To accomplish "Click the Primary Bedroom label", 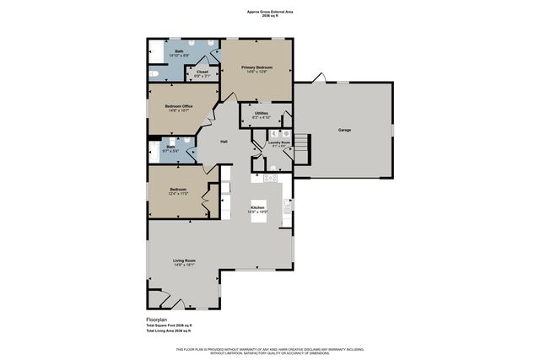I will coord(257,67).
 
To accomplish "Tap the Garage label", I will coord(344,131).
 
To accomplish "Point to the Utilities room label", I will coord(261,112).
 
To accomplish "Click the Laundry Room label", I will coord(278,142).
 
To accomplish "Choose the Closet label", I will coord(202,73).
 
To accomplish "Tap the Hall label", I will coord(224,141).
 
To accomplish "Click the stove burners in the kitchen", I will coord(271,178).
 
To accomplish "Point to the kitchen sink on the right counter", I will coord(288,202).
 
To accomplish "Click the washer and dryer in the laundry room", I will coord(285,133).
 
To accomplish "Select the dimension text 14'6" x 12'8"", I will coord(257,72).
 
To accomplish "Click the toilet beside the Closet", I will coord(154,75).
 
